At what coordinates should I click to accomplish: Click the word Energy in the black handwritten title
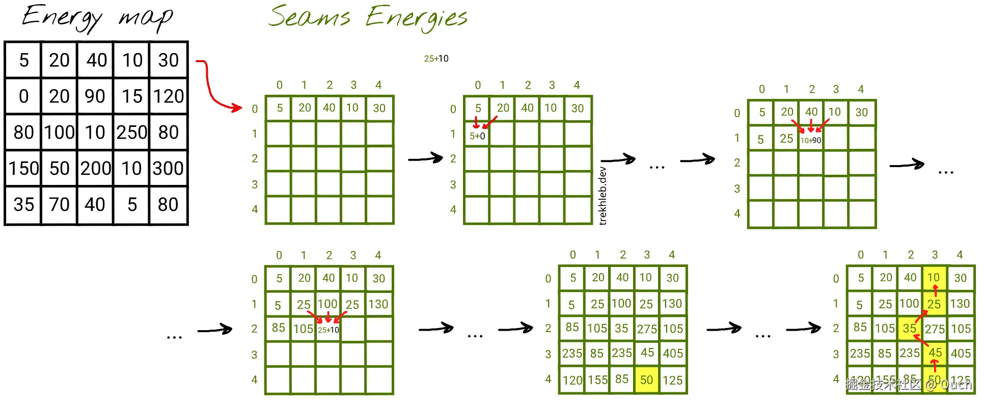[x=61, y=17]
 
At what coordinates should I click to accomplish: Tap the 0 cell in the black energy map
[x=23, y=96]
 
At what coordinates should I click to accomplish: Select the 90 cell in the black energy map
[x=95, y=96]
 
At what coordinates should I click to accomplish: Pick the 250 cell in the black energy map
[x=131, y=132]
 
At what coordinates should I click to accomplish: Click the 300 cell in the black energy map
[x=168, y=168]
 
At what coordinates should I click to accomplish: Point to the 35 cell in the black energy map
[x=23, y=204]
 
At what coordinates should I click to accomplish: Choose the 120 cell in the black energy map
[x=168, y=96]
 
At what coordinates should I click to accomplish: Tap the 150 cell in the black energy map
[x=23, y=168]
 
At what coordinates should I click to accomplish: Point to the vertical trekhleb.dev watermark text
[x=603, y=196]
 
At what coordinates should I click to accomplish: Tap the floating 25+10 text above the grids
[x=436, y=59]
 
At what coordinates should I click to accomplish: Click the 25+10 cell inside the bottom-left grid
[x=329, y=330]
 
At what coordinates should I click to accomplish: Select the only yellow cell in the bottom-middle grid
[x=646, y=380]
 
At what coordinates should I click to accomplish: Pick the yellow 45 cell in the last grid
[x=935, y=353]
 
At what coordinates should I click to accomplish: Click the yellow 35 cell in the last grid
[x=910, y=329]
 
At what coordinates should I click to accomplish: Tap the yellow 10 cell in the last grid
[x=934, y=278]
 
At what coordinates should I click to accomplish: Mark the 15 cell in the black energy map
[x=131, y=96]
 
